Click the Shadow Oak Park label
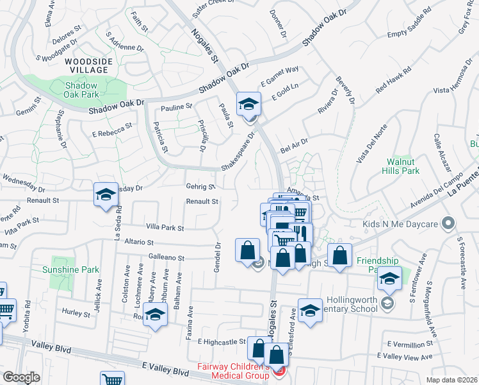pyautogui.click(x=81, y=90)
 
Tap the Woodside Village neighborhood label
pyautogui.click(x=80, y=65)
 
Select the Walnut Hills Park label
pyautogui.click(x=403, y=167)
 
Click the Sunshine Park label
pyautogui.click(x=70, y=269)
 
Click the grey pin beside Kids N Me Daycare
pyautogui.click(x=448, y=224)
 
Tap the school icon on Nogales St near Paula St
pyautogui.click(x=248, y=104)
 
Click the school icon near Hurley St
pyautogui.click(x=155, y=314)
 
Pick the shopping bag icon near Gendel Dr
pyautogui.click(x=247, y=250)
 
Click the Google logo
pyautogui.click(x=21, y=377)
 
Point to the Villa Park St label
pyautogui.click(x=165, y=228)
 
